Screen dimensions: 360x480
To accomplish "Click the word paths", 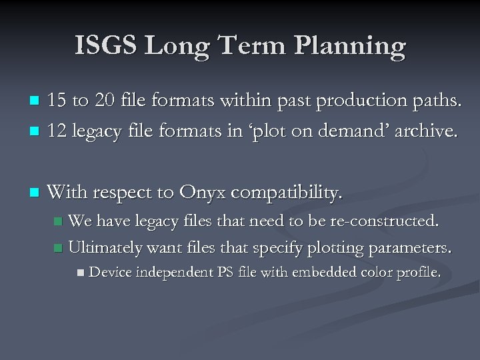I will click(x=439, y=101).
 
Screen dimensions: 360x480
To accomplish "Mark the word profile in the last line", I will click(x=416, y=272).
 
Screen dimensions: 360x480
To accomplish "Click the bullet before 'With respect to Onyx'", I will click(x=36, y=194).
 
